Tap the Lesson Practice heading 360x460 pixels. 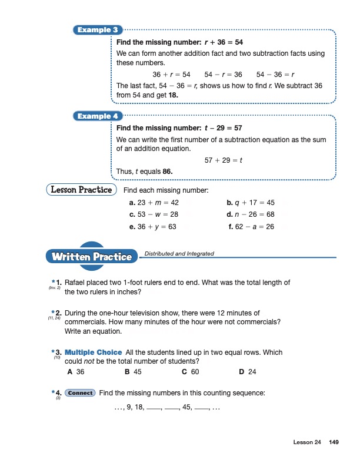(79, 190)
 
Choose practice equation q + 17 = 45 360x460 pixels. (251, 203)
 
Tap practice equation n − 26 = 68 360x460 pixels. (251, 214)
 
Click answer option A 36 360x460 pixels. (77, 372)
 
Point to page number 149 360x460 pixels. (334, 442)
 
